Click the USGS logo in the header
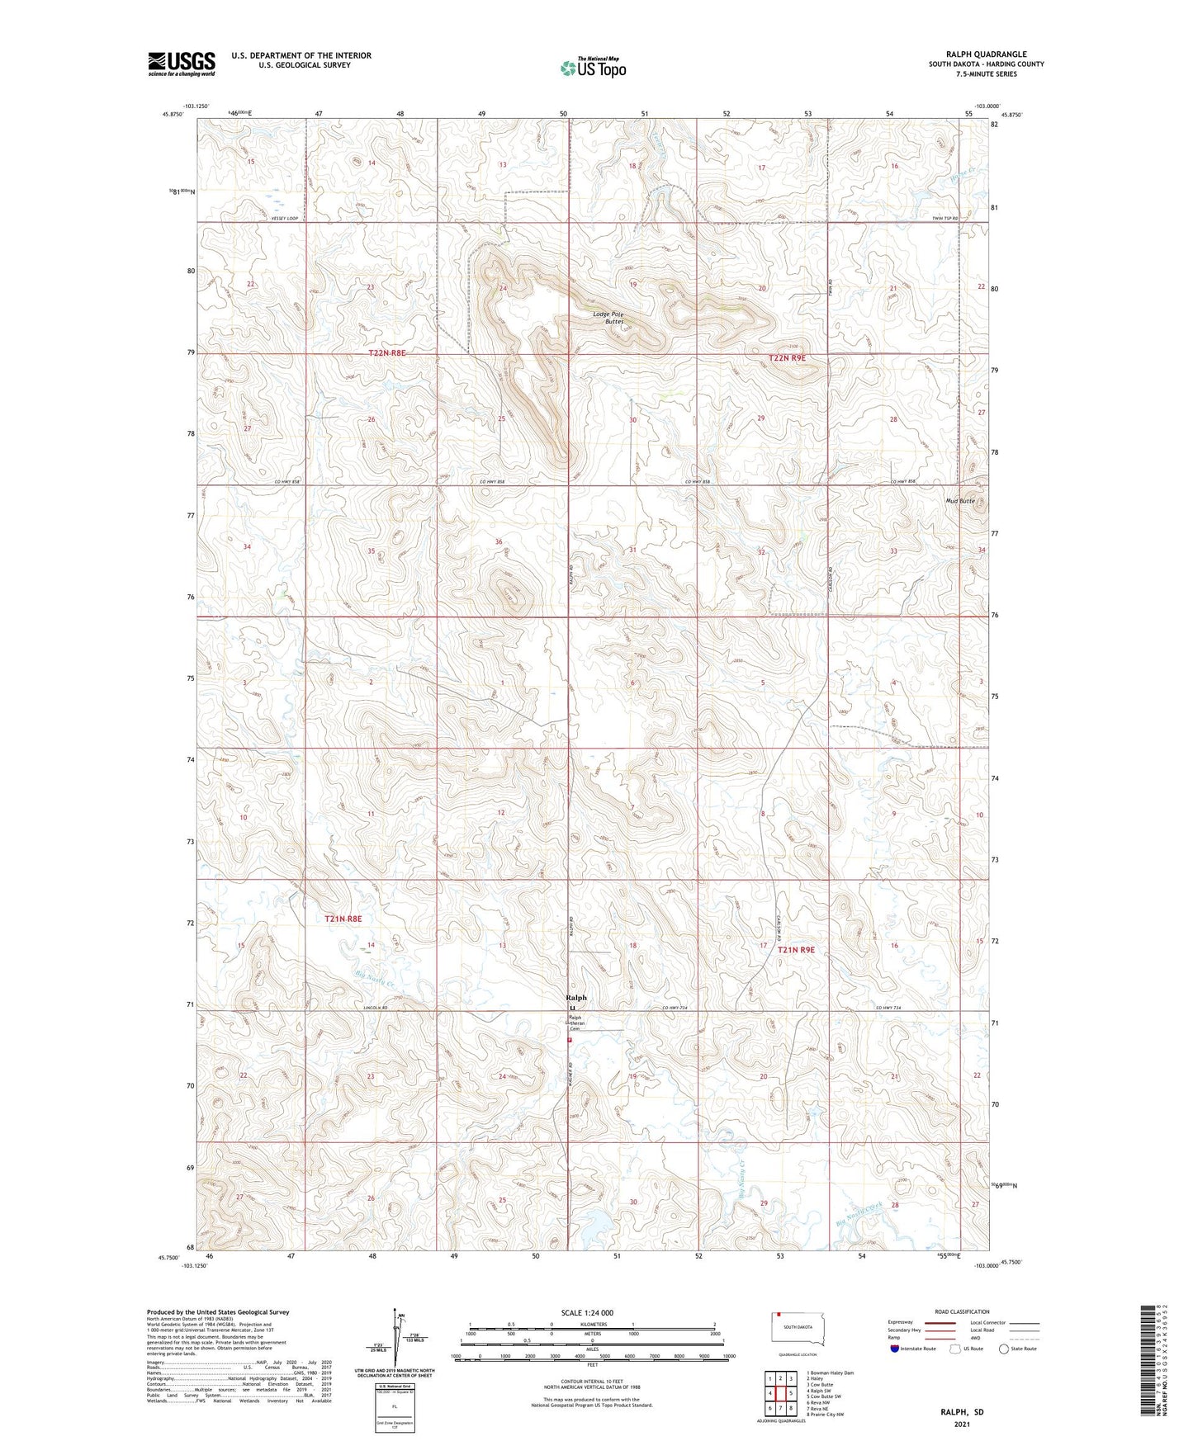point(182,64)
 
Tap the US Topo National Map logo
point(593,67)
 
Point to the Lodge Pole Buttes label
point(608,318)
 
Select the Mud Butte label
point(960,501)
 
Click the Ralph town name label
point(576,998)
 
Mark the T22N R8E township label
point(387,352)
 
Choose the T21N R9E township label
point(796,950)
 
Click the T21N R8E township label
point(343,919)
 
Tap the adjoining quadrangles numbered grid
point(780,1394)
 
